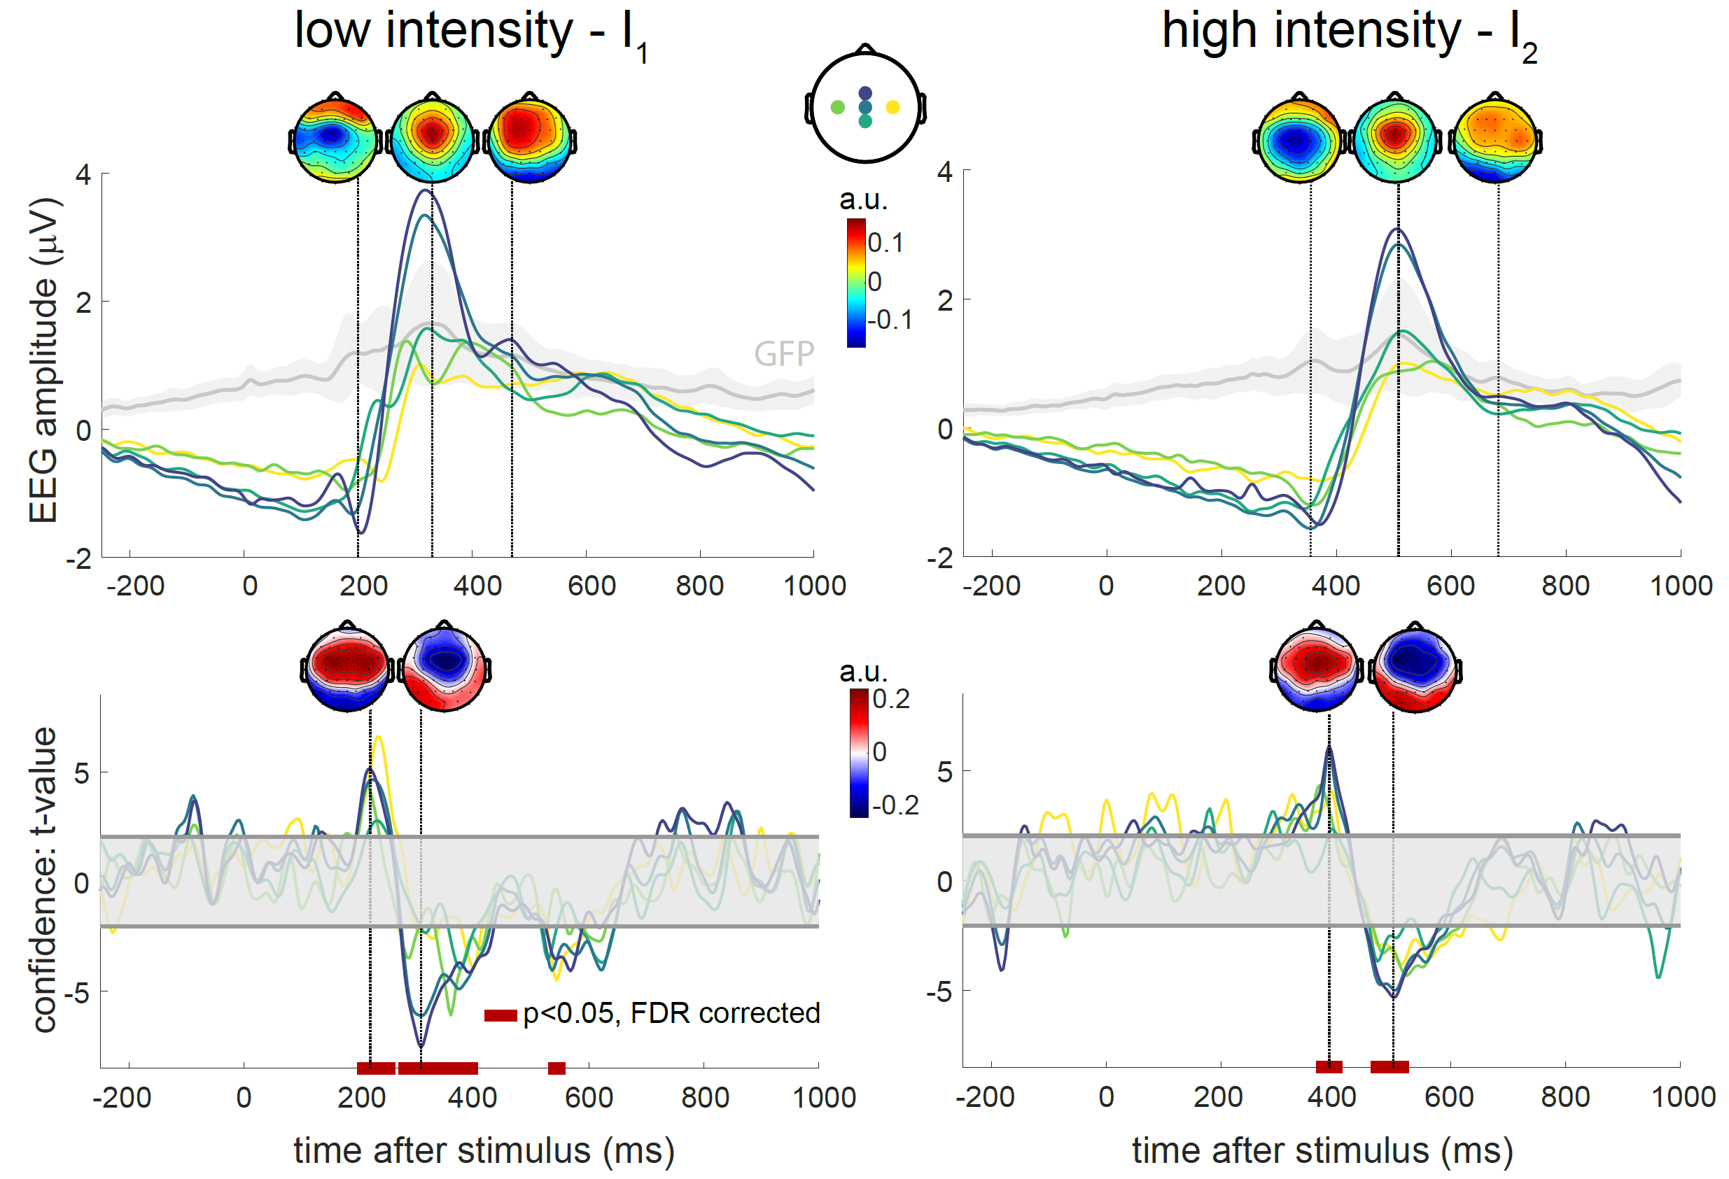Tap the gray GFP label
coord(784,354)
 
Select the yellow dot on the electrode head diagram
coord(892,107)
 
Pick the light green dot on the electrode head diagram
coord(838,107)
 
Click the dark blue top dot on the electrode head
coord(865,93)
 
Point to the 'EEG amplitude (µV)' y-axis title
coord(43,360)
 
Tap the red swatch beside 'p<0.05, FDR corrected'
coord(500,1015)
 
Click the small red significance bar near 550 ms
coord(556,1068)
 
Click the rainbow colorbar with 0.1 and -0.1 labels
coord(856,283)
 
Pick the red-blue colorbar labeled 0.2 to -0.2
coord(860,753)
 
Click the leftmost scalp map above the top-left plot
coord(334,137)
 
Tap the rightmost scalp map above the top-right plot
coord(1495,137)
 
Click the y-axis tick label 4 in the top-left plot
coord(83,175)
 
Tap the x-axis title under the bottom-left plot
coord(484,1150)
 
